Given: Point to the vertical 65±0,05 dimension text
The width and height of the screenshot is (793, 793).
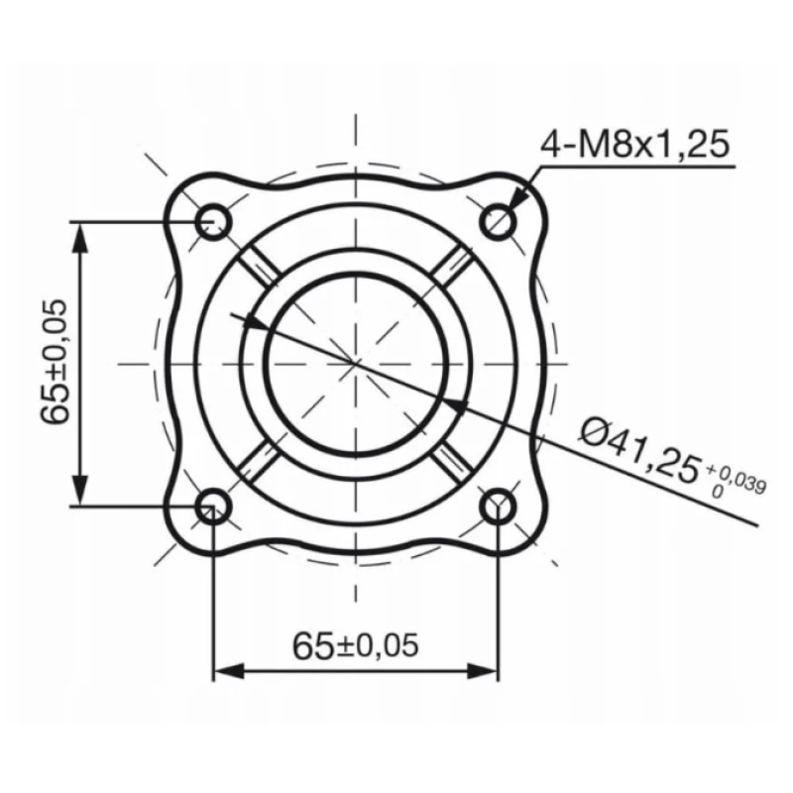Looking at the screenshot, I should coord(57,361).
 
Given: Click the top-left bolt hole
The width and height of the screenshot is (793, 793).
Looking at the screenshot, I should coord(213,220).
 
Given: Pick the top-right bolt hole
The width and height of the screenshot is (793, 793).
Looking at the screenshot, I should coord(499,221).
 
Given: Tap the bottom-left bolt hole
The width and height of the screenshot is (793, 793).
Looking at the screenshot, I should coord(213,508).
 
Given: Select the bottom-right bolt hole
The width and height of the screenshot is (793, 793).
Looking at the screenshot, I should coord(499,508).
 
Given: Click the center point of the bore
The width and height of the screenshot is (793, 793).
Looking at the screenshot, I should coord(356,364).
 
